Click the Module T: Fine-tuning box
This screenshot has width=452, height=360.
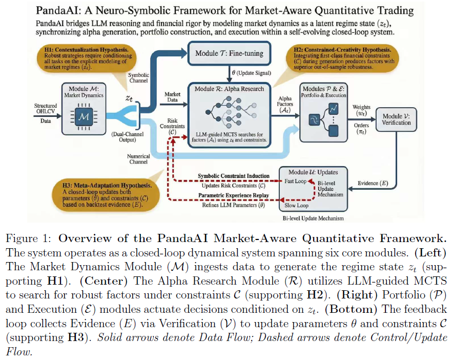(229, 53)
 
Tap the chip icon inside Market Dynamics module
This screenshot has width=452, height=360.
(84, 117)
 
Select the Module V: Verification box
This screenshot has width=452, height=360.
(396, 119)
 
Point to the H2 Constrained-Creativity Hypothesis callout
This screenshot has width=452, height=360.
(342, 58)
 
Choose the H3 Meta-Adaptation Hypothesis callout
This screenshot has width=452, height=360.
(106, 195)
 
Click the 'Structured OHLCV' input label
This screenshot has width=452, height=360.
(46, 109)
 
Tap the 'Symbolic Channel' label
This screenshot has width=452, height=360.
(138, 78)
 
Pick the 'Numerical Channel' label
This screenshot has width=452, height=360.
(138, 159)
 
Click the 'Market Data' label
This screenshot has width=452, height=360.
(172, 97)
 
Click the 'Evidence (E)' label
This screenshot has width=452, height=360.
(373, 183)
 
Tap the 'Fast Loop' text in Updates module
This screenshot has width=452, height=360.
(295, 181)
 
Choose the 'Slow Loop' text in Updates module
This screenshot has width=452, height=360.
(296, 205)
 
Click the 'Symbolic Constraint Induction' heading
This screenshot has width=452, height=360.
(234, 176)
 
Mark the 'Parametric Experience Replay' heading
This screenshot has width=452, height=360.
(234, 195)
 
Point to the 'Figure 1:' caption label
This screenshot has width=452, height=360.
(29, 238)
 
